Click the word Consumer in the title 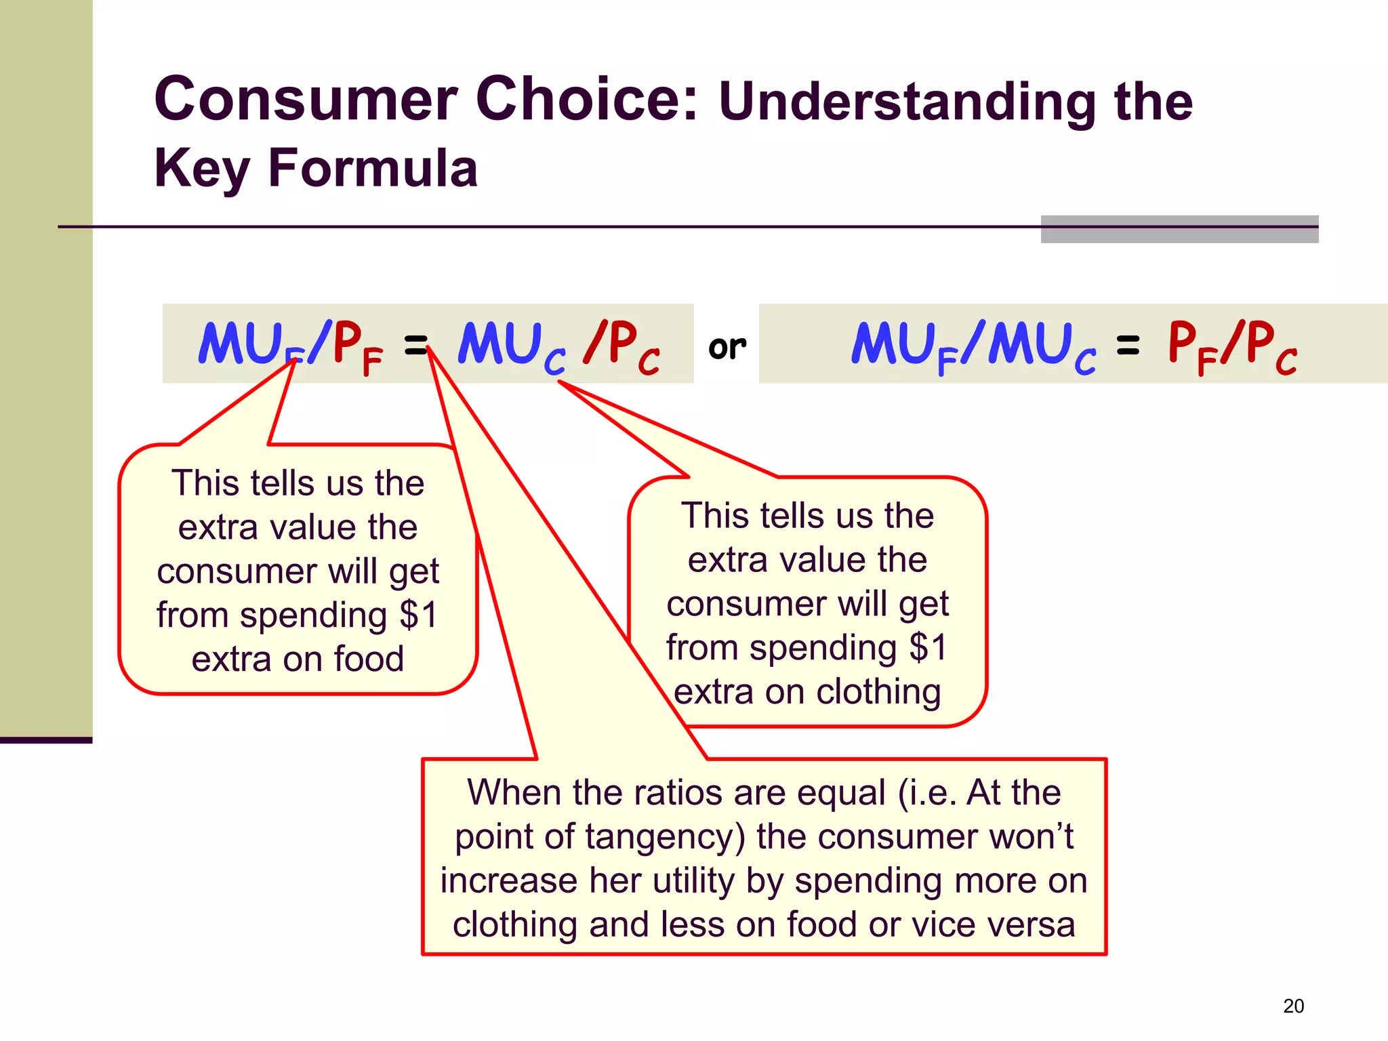[306, 100]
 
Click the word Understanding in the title [906, 102]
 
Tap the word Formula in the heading [373, 167]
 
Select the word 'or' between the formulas [727, 347]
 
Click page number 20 [1293, 1006]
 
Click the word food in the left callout [369, 659]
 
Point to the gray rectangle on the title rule [1179, 229]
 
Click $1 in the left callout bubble [419, 615]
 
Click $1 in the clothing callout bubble [928, 647]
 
